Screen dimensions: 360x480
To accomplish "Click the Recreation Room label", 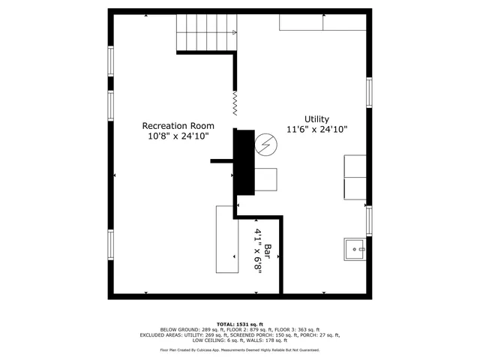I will (x=178, y=126).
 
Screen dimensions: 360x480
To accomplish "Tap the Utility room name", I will (x=316, y=119).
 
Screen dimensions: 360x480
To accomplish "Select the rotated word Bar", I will (x=266, y=247).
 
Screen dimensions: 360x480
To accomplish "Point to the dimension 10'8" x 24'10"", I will (x=178, y=136).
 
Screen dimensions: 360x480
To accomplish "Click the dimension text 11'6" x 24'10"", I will (x=316, y=130).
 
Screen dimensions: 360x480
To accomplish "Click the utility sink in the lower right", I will (x=355, y=247).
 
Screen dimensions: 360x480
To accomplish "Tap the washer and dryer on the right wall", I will (x=355, y=178).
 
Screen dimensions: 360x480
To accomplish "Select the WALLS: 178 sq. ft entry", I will (x=274, y=340).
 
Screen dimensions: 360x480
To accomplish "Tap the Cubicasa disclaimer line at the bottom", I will (x=239, y=349).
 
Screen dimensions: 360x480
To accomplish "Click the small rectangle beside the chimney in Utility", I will (x=266, y=180).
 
